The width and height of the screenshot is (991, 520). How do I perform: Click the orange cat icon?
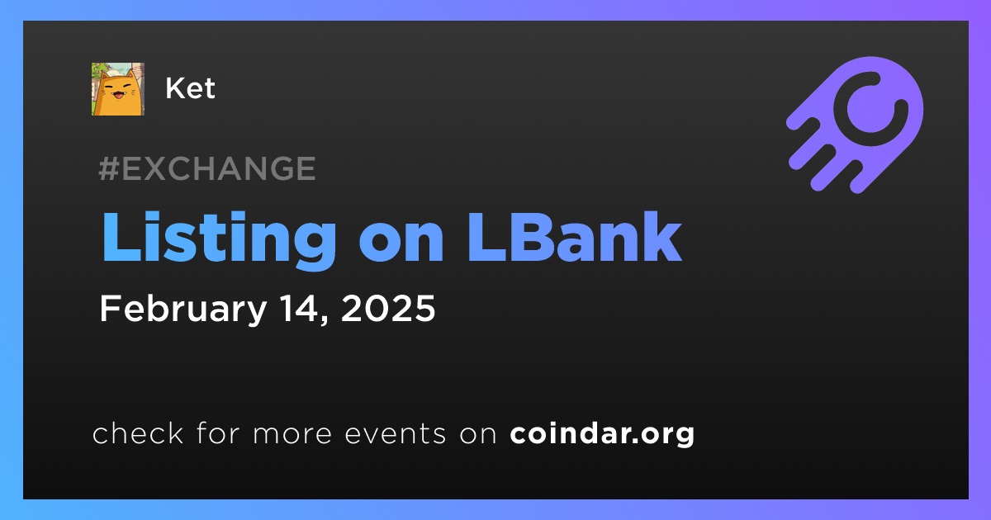point(117,89)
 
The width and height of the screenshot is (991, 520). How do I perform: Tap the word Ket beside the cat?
point(190,88)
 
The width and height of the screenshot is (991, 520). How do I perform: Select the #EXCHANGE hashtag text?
point(207,168)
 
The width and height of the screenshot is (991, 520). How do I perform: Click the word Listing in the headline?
point(219,239)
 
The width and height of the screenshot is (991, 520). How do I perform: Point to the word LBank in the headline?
point(575,237)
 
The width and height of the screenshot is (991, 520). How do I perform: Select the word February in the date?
point(183,309)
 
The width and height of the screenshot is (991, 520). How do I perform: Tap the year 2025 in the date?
point(388,308)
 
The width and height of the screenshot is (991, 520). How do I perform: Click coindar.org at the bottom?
point(602,434)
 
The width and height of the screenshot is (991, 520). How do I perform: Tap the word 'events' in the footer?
point(396,433)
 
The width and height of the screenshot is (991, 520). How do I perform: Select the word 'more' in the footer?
point(292,434)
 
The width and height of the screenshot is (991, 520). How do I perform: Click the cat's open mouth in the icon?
point(119,95)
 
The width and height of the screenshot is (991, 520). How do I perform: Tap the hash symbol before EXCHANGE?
point(109,168)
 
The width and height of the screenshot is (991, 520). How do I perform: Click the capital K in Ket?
point(175,88)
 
